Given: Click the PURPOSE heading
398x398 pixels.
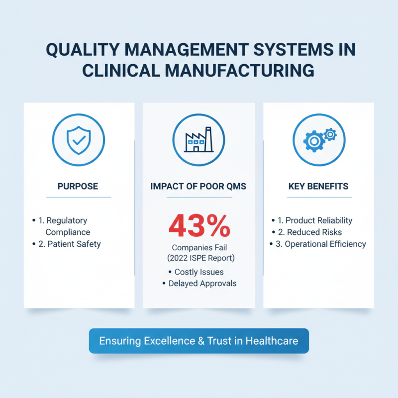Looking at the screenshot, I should coord(79,187).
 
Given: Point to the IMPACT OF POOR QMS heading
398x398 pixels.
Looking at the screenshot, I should coord(199,187).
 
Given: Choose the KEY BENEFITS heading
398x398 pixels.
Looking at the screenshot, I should coord(318,187).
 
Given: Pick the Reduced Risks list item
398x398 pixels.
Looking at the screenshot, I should coord(314,232).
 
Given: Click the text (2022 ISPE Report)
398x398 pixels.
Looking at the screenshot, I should coord(199,259).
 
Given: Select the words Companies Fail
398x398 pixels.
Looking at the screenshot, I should coord(199,247).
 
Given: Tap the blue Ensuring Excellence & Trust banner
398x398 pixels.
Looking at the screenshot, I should coord(199,341).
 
